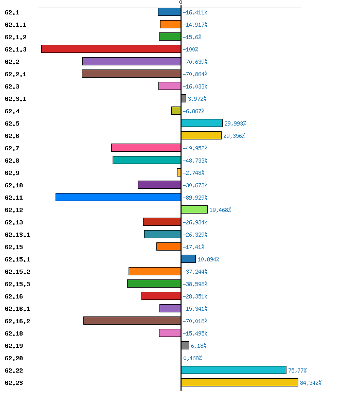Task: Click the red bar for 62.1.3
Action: click(111, 49)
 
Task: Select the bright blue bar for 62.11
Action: click(118, 197)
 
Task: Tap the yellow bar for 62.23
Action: click(239, 382)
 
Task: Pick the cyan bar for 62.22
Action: click(233, 370)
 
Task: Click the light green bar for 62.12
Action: click(194, 209)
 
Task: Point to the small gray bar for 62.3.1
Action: click(184, 98)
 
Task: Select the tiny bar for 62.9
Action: click(179, 172)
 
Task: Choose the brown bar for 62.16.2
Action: click(132, 321)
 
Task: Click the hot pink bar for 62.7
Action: click(146, 148)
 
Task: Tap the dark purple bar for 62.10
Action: click(159, 185)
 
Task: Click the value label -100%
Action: click(190, 49)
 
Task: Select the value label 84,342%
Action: click(311, 383)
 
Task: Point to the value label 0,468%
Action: click(192, 358)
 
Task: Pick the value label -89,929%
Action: click(195, 198)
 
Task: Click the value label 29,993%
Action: click(235, 123)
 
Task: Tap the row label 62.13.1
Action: click(17, 235)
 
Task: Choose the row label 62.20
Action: click(14, 358)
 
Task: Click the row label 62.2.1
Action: click(15, 74)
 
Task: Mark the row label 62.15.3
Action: click(17, 285)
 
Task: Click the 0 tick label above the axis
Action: click(181, 3)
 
